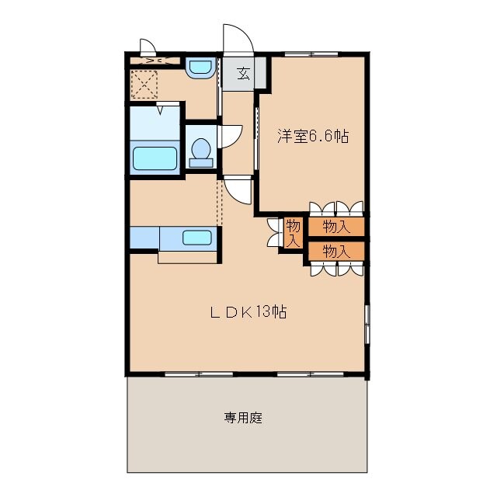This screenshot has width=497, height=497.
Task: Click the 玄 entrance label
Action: pos(243,75)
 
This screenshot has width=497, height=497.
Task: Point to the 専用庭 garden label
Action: pos(244,418)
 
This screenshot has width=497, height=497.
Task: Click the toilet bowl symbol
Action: pos(202,150)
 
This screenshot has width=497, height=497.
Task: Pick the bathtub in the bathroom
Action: pos(155,158)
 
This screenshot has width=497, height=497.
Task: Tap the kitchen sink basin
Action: pos(197,238)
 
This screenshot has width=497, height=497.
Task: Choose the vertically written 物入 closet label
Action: pos(293,233)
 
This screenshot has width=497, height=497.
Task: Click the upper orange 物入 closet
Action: pos(335,227)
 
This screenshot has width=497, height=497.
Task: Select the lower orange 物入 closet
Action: pos(335,251)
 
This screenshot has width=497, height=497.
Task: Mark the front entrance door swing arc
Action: pos(237,39)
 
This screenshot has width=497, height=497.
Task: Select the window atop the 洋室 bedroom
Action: pos(311,54)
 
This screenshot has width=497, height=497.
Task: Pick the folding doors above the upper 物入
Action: pos(336,208)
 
